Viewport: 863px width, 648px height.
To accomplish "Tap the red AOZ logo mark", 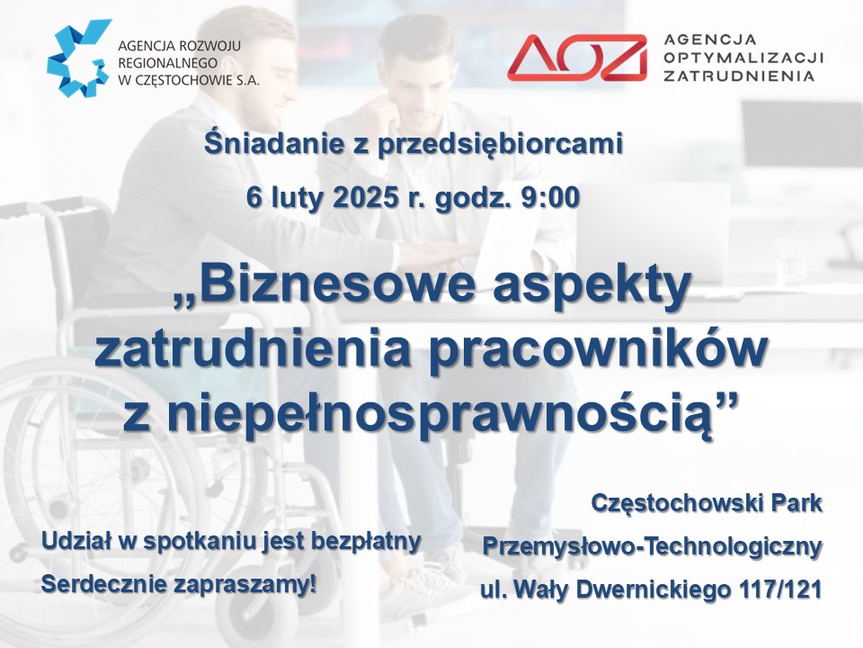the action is (577, 58).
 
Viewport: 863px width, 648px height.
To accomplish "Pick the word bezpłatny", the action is (366, 542).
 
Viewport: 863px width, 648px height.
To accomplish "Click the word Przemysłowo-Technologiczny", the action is (653, 547).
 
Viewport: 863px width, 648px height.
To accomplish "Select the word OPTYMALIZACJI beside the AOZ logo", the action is (743, 58).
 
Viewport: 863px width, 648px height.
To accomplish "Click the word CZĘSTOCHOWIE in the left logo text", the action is (177, 80).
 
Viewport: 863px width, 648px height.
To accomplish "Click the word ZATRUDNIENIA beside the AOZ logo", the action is (739, 76).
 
